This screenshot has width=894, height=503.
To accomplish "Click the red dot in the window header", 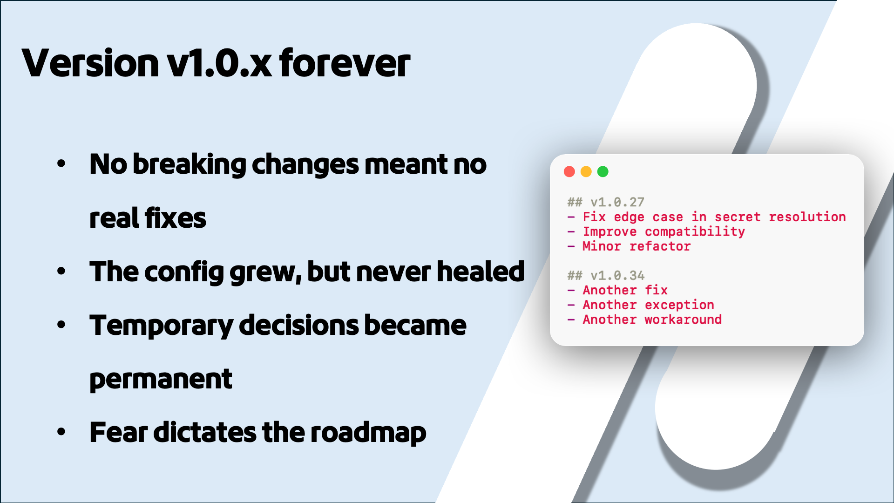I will [569, 171].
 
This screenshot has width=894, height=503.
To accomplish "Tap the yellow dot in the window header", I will [586, 171].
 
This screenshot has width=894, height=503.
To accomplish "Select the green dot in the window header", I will [603, 171].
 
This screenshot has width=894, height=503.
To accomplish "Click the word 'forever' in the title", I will [345, 63].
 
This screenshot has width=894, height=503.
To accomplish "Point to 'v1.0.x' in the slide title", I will [219, 63].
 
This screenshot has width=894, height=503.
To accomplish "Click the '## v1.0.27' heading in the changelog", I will [606, 202].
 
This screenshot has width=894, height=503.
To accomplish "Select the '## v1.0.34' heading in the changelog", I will [606, 275].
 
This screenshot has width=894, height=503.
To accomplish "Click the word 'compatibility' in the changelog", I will [695, 231].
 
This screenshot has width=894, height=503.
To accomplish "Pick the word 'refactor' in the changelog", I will [660, 246].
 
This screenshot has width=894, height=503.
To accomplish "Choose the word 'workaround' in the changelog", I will [683, 319].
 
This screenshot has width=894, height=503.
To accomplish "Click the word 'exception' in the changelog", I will [679, 305].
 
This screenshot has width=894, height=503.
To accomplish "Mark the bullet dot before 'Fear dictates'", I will [61, 432].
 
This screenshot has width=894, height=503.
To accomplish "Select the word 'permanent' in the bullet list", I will [161, 379].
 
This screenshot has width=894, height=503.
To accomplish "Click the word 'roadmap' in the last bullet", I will [368, 433].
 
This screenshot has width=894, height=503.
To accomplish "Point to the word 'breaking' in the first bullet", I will [189, 164].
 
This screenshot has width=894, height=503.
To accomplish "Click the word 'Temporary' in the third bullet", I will [161, 326].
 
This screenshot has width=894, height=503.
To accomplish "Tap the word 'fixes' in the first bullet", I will [175, 218].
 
